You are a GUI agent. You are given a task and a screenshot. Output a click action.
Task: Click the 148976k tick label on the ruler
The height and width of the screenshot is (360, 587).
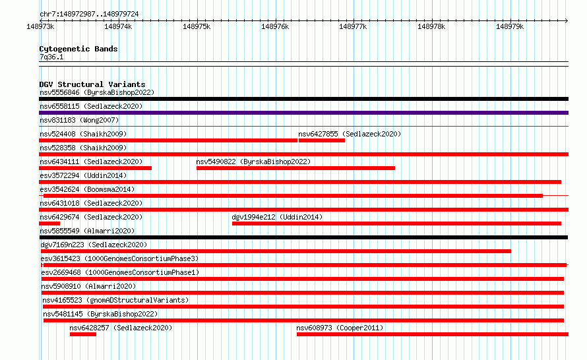pos(275,26)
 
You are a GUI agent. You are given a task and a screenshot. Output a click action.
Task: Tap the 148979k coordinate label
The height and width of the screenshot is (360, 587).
pos(510,26)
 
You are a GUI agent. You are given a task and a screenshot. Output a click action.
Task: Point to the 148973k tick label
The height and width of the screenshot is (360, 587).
pos(40,26)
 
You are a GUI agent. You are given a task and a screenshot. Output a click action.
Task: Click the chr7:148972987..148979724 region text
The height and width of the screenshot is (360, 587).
pos(89,14)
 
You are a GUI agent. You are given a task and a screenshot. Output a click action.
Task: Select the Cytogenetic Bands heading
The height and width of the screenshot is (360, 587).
pos(78,49)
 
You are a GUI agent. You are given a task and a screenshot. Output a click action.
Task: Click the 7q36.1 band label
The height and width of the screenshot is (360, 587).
pos(51,57)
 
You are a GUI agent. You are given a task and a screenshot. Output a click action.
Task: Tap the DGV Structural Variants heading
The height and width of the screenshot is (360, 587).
pos(92,84)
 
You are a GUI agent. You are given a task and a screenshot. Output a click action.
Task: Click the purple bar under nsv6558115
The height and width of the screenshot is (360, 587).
pos(303,113)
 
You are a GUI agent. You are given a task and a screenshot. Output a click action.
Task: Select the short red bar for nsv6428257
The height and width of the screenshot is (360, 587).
pos(83,334)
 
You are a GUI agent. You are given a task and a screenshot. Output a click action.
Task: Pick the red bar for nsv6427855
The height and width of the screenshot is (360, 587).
pos(322,140)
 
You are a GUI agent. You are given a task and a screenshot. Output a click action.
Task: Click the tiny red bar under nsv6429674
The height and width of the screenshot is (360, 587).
pos(49,224)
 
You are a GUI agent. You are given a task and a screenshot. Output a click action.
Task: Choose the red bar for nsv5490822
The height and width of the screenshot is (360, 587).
pos(295,168)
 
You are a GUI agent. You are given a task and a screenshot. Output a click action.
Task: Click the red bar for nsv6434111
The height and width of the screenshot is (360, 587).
pos(96,168)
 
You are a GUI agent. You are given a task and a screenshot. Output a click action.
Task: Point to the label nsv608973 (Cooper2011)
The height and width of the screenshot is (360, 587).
pos(340,328)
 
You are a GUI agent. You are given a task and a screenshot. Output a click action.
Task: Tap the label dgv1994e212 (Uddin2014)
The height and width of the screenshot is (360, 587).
pos(277,217)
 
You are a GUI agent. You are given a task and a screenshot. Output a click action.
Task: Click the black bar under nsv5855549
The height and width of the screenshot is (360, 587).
pos(303,237)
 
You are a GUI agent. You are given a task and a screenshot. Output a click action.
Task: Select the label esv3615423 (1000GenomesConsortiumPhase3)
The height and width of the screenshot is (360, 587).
pos(119,258)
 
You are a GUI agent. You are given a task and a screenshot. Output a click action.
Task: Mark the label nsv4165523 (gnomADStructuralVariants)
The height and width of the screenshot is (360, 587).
pos(115,300)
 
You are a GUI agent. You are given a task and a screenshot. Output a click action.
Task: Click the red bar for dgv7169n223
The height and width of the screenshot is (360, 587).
pos(276,251)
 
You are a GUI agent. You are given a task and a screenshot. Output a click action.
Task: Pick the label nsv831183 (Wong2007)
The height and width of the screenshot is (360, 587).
pos(79,120)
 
